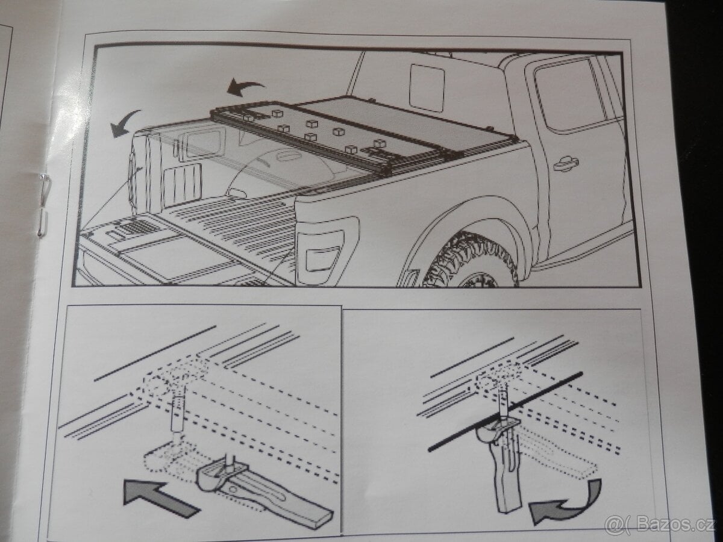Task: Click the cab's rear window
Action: [427, 88]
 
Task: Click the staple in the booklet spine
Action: [43, 205]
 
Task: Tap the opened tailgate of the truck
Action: [163, 253]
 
